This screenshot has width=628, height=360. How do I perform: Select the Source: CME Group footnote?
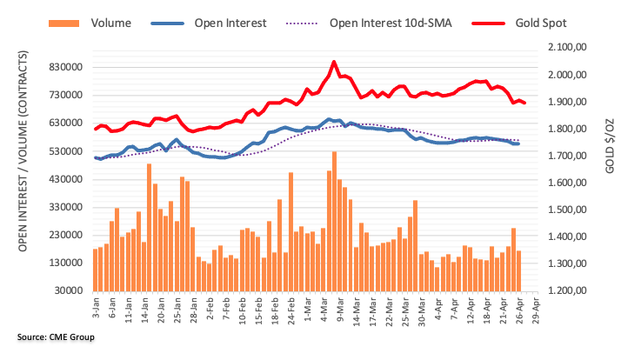54,336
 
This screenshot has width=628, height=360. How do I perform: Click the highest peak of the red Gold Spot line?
334,62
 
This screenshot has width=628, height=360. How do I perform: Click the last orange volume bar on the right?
519,258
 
